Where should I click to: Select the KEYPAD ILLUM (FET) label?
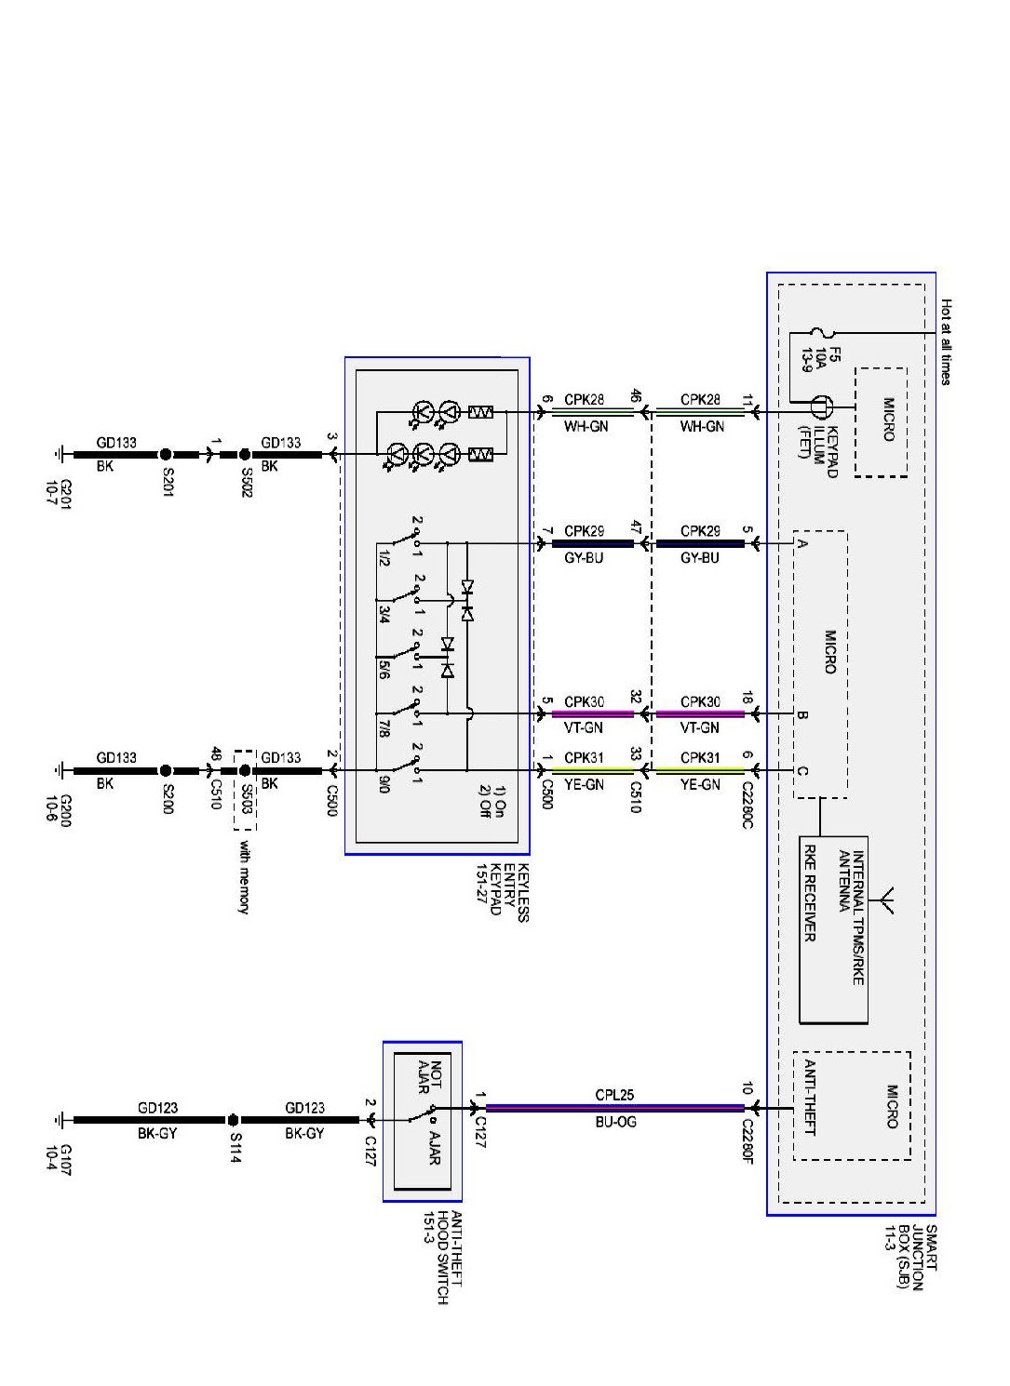click(x=818, y=451)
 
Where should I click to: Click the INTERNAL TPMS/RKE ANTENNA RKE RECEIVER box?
click(x=834, y=929)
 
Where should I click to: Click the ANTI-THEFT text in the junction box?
click(x=809, y=1097)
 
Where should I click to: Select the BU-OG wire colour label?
click(x=615, y=1123)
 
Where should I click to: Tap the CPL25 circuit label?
click(x=615, y=1095)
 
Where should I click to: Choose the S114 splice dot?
click(x=233, y=1120)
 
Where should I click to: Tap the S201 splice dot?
click(x=165, y=455)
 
